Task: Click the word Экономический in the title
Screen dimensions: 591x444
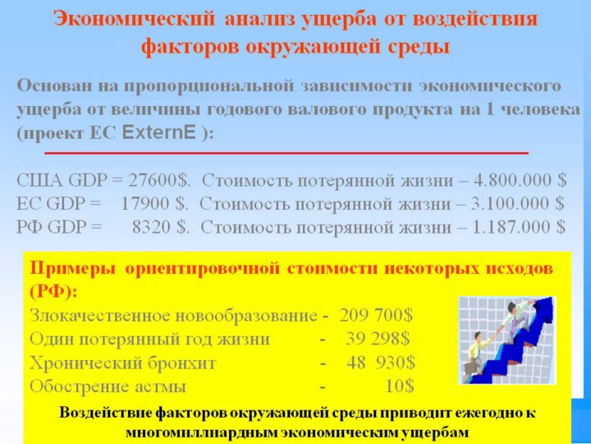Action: [x=134, y=19]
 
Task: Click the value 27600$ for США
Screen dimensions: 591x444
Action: [x=158, y=180]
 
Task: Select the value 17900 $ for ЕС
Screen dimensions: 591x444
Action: [x=154, y=204]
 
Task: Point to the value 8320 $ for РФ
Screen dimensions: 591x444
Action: [x=161, y=227]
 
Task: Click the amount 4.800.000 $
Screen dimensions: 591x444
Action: [x=520, y=180]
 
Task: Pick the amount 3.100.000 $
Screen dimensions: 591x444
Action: [x=518, y=204]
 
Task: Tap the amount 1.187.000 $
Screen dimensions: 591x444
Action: [x=519, y=227]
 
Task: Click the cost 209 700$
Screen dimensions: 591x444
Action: [x=376, y=315]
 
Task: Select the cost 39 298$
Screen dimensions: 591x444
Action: [x=378, y=339]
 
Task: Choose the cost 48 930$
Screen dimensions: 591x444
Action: [x=381, y=363]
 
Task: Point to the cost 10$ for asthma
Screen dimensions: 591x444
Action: [x=400, y=386]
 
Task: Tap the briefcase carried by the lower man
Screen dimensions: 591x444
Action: [x=471, y=368]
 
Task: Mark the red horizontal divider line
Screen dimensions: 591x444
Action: [x=286, y=153]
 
